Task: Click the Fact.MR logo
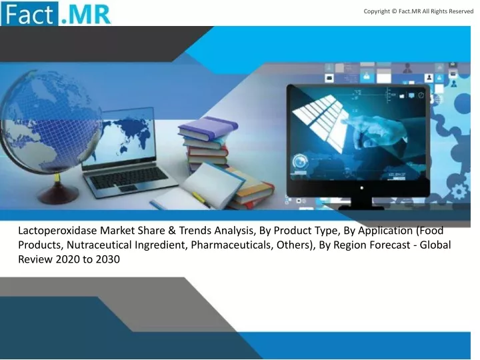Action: [56, 13]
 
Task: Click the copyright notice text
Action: [419, 11]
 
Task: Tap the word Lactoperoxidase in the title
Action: [57, 231]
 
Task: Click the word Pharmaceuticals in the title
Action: [232, 245]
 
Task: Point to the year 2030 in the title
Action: [107, 259]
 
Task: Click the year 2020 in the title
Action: [68, 259]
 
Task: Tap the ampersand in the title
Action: [172, 231]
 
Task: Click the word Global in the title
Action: [435, 245]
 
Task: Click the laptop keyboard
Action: [129, 177]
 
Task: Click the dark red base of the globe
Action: [57, 195]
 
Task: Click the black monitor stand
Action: [361, 203]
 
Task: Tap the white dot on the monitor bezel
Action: [362, 188]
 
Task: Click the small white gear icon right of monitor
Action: [459, 192]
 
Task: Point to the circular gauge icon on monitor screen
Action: [301, 161]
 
